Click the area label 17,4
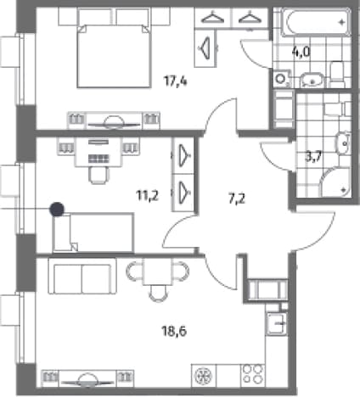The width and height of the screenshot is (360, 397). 176,81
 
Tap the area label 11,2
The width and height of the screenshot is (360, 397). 148,195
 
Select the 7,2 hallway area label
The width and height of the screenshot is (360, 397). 237,198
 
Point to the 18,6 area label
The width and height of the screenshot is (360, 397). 174,331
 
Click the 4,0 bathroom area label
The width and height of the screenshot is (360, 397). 301,52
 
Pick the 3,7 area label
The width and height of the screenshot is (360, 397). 313,156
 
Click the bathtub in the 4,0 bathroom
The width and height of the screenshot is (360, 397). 317,22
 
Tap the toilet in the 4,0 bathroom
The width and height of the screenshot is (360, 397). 337,75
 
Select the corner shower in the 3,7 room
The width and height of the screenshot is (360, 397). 335,182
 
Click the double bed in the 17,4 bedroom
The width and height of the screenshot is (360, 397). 114,56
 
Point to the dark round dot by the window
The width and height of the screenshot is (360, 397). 57,210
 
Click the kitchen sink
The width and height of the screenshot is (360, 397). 277,323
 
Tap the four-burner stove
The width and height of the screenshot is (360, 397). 253,375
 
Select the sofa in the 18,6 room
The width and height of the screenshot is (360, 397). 82,277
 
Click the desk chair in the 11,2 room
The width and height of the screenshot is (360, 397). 99,176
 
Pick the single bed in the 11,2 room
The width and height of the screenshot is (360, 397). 93,232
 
